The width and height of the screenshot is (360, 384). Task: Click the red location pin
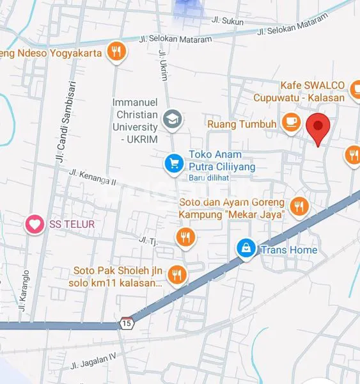coord(318,128)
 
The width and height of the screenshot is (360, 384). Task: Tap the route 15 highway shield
coord(127,323)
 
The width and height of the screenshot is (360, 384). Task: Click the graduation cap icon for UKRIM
coord(171,118)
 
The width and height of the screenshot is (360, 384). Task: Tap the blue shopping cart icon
coord(173,164)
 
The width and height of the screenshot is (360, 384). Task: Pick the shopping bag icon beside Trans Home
coord(245,249)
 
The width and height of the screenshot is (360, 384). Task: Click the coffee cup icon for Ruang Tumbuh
coord(291,122)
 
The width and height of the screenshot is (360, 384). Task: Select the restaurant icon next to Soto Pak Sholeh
coord(177,275)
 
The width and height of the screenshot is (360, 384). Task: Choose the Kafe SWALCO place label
coord(313,86)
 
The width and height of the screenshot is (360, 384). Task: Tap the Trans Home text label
coord(288,250)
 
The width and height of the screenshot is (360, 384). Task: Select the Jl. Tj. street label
coord(148,240)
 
